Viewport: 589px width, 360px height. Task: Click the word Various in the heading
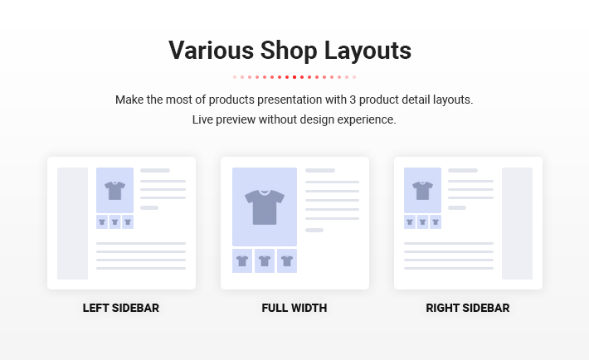pos(212,50)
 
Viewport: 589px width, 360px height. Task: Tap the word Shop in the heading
pos(289,51)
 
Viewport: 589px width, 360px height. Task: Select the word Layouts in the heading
pos(368,51)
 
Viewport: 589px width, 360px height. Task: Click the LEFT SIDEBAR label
pos(121,308)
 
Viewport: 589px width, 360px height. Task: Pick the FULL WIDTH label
pos(294,308)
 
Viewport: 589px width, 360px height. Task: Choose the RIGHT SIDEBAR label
pos(468,308)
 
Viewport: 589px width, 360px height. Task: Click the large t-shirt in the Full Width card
pos(265,207)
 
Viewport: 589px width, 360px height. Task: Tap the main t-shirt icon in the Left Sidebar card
pos(114,191)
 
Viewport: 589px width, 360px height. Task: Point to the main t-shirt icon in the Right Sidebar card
pos(422,191)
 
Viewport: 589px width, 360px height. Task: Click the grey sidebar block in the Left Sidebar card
pos(72,224)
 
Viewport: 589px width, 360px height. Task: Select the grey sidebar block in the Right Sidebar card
pos(518,224)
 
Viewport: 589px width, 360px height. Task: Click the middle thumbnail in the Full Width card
pos(265,260)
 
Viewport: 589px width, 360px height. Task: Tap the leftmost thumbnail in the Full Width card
pos(242,260)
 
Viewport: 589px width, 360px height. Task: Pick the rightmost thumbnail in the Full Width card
pos(287,260)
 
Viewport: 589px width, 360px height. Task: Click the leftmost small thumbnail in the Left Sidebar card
pos(102,222)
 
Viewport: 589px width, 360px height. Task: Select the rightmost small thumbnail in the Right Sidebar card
pos(436,222)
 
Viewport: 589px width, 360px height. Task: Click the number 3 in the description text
pos(353,100)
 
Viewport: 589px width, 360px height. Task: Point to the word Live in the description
pos(202,119)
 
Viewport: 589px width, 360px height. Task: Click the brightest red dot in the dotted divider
pos(294,77)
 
